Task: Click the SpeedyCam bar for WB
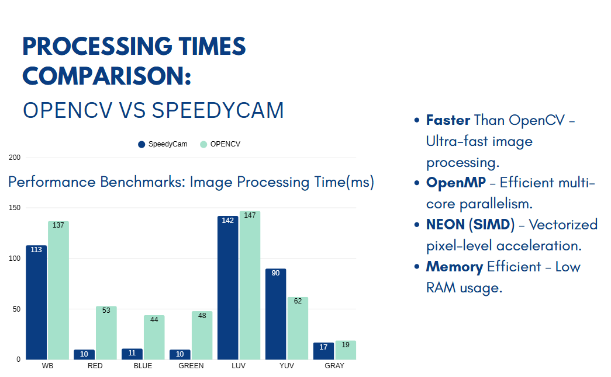[36, 302]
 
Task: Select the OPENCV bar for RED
[106, 333]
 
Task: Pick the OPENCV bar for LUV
[250, 285]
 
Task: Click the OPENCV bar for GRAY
[346, 350]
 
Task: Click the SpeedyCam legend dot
[141, 144]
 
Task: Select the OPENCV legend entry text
[225, 144]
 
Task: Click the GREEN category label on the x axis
[191, 366]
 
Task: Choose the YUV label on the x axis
[286, 366]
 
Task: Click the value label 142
[227, 221]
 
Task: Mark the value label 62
[298, 302]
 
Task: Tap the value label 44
[154, 320]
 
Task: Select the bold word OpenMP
[456, 183]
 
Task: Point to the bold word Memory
[454, 267]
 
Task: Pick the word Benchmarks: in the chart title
[142, 182]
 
